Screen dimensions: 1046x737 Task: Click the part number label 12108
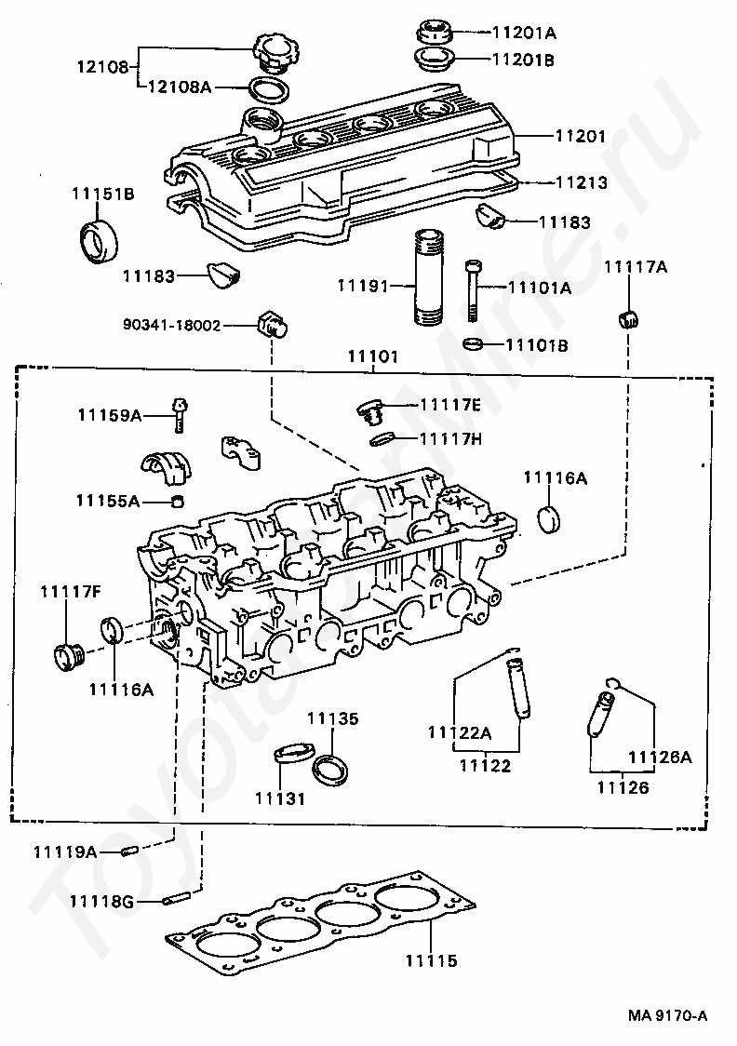point(102,67)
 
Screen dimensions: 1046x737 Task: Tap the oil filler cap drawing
point(271,51)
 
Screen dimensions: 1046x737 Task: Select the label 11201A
point(523,33)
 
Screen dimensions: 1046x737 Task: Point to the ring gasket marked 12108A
point(268,91)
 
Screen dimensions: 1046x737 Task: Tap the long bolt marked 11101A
point(473,289)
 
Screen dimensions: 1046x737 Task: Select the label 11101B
point(537,345)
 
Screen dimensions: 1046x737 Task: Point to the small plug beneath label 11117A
point(628,317)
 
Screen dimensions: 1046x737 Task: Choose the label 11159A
point(109,415)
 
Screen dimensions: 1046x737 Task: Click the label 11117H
point(450,438)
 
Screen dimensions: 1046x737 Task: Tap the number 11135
point(332,719)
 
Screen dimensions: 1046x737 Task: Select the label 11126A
point(659,757)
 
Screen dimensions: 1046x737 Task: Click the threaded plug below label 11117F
point(67,655)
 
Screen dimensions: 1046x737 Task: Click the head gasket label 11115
point(431,960)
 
